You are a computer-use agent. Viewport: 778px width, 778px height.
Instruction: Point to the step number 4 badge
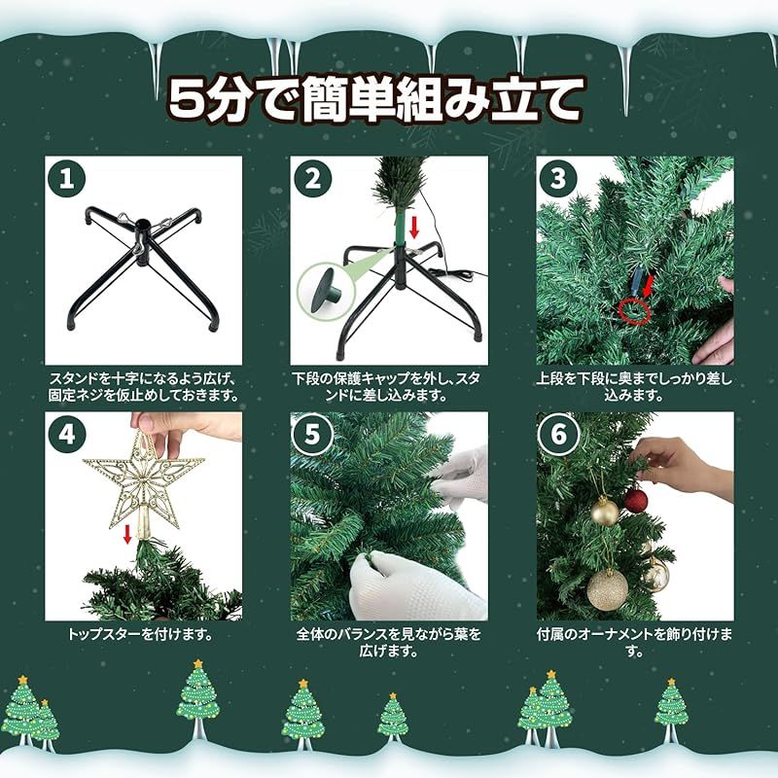click(x=66, y=434)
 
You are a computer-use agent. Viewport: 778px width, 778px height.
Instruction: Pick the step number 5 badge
click(x=312, y=434)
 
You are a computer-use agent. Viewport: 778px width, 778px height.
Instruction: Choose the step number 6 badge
click(x=558, y=434)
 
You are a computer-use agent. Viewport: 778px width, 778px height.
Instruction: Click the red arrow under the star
click(x=127, y=534)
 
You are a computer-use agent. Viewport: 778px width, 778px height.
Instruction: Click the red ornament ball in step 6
click(x=635, y=500)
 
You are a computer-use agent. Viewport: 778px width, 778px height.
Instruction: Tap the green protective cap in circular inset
click(x=324, y=288)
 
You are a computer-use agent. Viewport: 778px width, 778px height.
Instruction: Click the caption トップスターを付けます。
click(x=140, y=634)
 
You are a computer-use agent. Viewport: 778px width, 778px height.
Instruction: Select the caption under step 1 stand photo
click(x=144, y=387)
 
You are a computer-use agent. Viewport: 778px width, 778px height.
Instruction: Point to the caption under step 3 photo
click(x=634, y=387)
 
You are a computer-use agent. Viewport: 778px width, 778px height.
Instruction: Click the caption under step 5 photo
click(x=389, y=643)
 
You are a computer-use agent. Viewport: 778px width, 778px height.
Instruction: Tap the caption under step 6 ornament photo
click(x=634, y=643)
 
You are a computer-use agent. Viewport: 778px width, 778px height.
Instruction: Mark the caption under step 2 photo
click(x=389, y=387)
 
